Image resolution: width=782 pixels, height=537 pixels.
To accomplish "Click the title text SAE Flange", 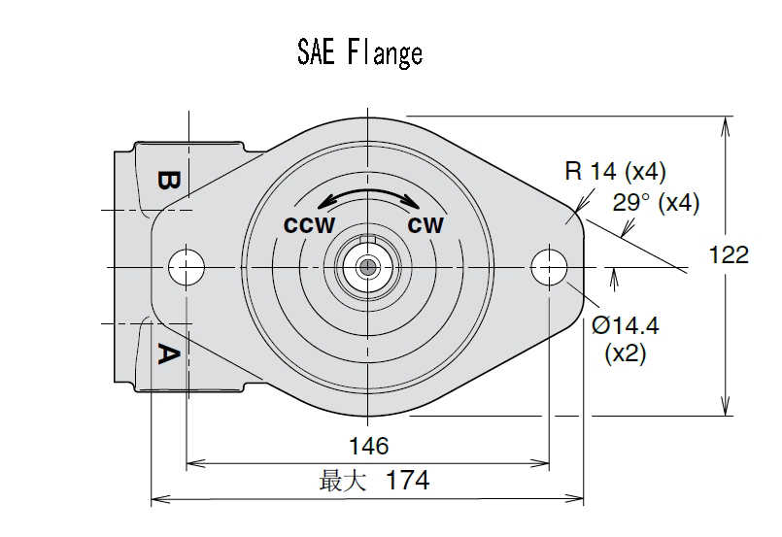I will [359, 52].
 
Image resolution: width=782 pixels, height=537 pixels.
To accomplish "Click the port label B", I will [168, 182].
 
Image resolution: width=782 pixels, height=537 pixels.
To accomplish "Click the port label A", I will [168, 354].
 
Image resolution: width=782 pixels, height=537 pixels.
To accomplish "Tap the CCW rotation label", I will [309, 225].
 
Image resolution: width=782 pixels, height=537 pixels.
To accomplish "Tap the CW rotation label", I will [425, 225].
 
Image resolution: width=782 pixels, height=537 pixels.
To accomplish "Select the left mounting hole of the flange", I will [186, 266].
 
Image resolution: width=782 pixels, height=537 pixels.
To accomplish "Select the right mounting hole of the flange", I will [549, 266].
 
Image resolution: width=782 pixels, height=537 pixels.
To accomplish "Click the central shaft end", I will [367, 266].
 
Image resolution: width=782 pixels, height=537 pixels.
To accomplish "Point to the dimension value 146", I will [368, 446].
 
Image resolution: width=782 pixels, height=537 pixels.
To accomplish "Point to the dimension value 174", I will [407, 480].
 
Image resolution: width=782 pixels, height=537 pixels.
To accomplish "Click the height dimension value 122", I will [730, 254].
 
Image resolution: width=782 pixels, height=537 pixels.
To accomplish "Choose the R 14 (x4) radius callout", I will [615, 173].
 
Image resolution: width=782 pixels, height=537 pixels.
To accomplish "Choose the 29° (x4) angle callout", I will [657, 204].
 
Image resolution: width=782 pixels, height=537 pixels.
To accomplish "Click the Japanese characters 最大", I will [343, 481].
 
